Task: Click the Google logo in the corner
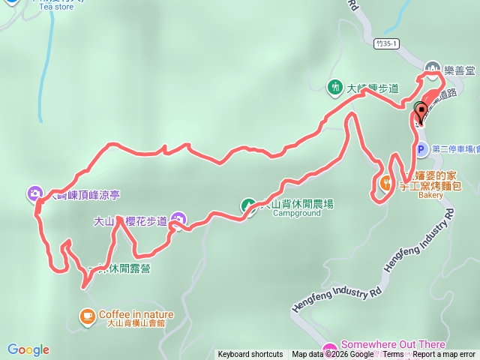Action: [x=28, y=349]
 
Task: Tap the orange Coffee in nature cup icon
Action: [x=88, y=315]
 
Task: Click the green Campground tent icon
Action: [x=248, y=205]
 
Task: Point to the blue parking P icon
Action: [x=421, y=149]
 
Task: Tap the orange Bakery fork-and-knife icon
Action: [x=387, y=182]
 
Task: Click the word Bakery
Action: [x=431, y=195]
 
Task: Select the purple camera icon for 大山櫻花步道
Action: [x=178, y=220]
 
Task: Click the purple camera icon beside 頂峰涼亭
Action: [x=35, y=194]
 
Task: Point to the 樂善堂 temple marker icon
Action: [x=433, y=67]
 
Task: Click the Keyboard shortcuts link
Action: [x=250, y=355]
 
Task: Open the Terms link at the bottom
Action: [x=394, y=355]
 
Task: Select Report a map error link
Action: [x=444, y=355]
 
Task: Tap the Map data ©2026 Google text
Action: [x=333, y=355]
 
